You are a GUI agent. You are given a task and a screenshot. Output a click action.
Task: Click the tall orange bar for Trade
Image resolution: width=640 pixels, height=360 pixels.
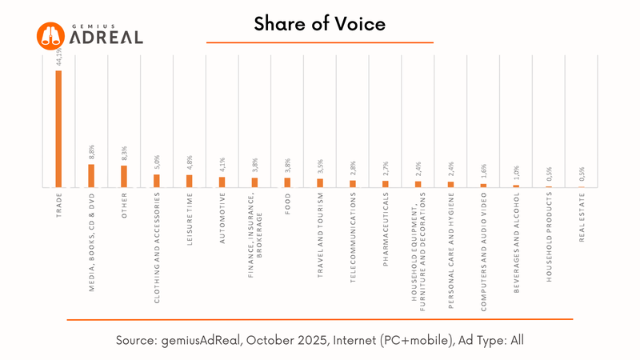pyautogui.click(x=58, y=128)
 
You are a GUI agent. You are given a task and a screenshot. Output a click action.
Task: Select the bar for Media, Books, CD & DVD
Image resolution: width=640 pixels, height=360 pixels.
pyautogui.click(x=91, y=175)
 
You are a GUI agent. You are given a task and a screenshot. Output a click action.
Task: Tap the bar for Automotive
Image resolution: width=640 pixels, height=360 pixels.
pyautogui.click(x=222, y=182)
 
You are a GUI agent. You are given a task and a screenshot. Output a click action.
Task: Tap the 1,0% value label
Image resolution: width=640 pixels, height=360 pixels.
pyautogui.click(x=517, y=175)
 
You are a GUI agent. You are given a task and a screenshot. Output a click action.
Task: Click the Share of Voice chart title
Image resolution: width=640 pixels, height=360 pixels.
pyautogui.click(x=320, y=25)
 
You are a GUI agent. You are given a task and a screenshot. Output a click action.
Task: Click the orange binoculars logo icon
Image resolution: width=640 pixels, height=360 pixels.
pyautogui.click(x=51, y=34)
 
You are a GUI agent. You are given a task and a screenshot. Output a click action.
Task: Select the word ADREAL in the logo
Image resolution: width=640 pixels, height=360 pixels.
pyautogui.click(x=107, y=38)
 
